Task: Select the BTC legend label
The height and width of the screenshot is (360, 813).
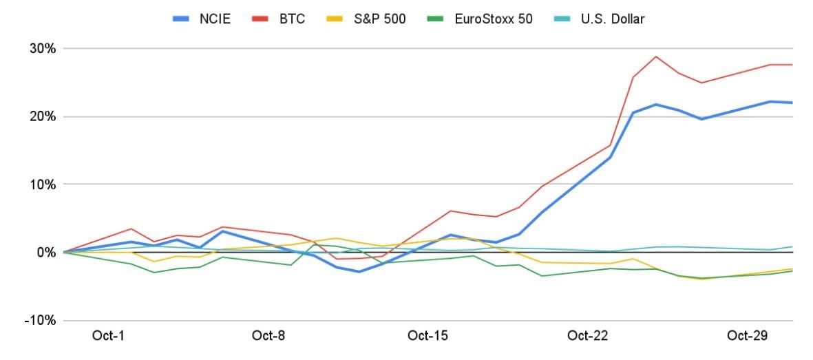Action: click(292, 19)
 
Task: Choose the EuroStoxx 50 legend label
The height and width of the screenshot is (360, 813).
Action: click(493, 19)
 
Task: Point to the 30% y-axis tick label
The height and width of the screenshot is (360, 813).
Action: click(41, 49)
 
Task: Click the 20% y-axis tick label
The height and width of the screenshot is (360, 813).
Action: click(41, 116)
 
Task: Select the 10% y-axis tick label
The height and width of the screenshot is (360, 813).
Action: click(41, 184)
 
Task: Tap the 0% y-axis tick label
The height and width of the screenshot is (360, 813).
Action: click(45, 253)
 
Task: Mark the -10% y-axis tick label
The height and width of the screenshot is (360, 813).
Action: click(39, 321)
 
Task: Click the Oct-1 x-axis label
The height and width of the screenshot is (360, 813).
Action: click(108, 336)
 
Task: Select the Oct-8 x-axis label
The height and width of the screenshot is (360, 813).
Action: click(268, 336)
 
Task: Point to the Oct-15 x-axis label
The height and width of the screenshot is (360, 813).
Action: click(427, 336)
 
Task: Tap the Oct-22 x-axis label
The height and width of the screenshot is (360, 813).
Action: click(587, 336)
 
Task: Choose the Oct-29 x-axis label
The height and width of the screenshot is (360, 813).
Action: click(747, 336)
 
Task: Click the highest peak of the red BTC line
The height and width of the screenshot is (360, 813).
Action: click(656, 56)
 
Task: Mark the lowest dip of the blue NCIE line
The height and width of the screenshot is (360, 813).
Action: click(359, 272)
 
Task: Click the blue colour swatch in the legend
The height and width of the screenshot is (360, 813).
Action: click(180, 19)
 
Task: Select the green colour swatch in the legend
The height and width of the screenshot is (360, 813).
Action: click(441, 19)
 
